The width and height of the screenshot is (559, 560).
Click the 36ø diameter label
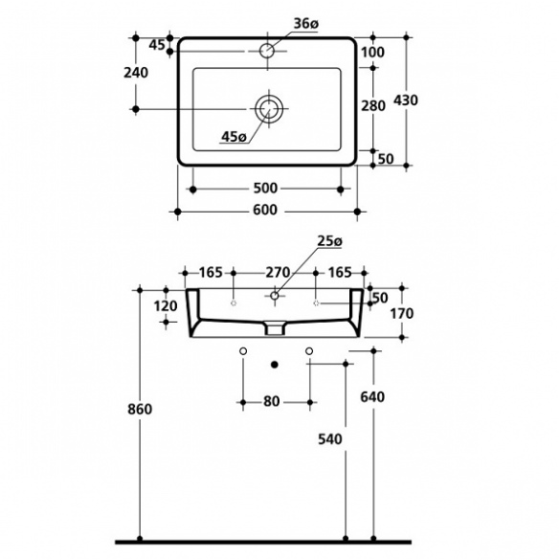coord(305,24)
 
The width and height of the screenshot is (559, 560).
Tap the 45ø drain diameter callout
coord(234,137)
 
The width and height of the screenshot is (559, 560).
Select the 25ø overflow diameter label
coord(329,241)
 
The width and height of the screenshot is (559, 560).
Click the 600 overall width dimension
coord(265,210)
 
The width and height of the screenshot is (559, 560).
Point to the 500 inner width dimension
coord(265,189)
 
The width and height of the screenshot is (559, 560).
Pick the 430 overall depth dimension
coord(406,101)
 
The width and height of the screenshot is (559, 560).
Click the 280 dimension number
coord(373,106)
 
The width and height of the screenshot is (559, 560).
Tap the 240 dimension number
coord(136,73)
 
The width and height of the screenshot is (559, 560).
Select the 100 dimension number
coord(373,53)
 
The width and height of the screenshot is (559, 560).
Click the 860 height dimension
coord(140,410)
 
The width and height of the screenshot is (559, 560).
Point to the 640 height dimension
coord(372,397)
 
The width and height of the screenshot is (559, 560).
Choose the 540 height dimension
coord(330,439)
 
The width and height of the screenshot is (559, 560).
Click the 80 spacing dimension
coord(272,402)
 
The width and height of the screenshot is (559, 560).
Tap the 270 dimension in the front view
coord(278,273)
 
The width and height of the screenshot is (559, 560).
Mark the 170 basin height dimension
coord(401,314)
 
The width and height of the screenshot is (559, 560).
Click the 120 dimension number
coord(166,306)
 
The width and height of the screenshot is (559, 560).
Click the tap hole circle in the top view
coord(267,51)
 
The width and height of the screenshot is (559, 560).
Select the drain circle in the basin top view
coord(269,108)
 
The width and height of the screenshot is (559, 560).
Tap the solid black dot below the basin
coord(275,365)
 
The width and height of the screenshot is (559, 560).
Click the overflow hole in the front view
coord(275,296)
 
